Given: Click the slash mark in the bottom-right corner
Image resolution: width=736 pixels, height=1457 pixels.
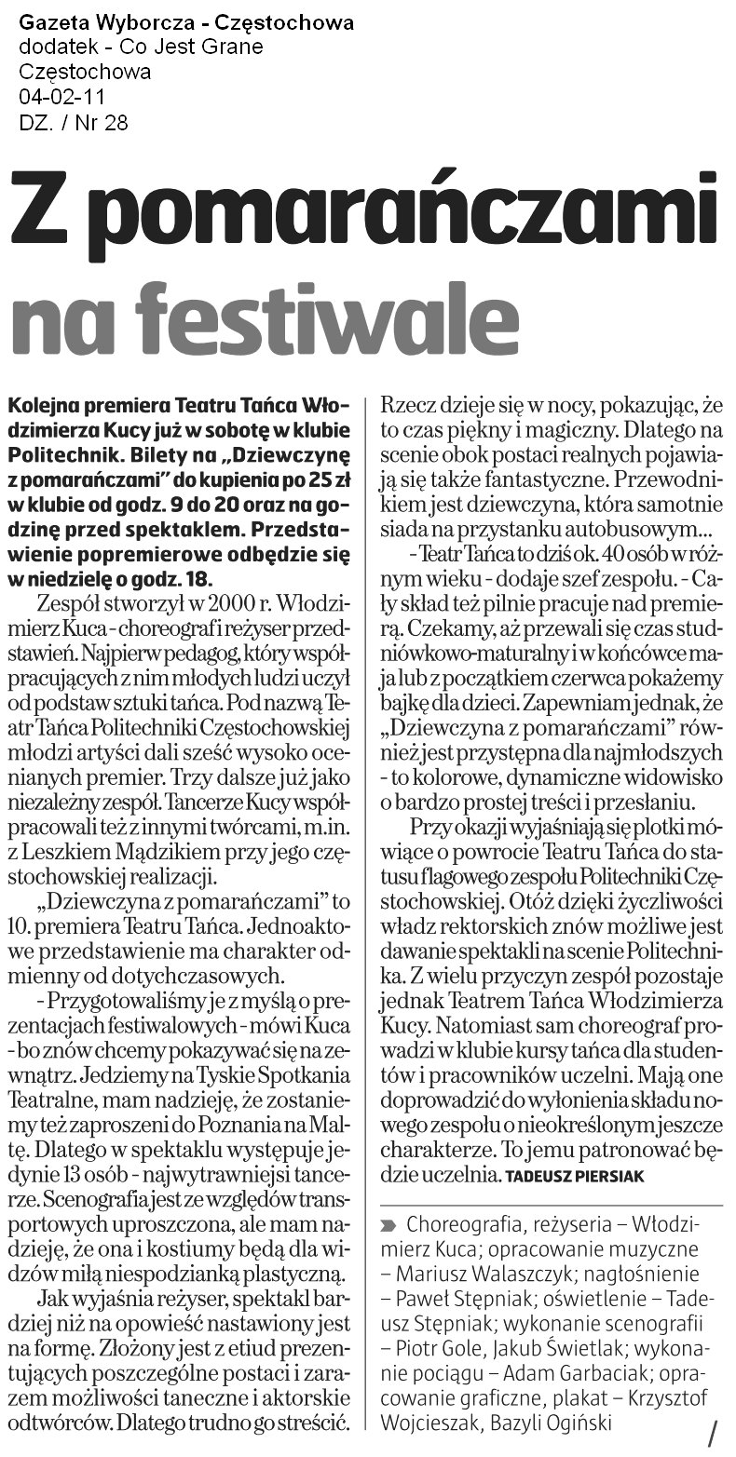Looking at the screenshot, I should tap(713, 1432).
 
